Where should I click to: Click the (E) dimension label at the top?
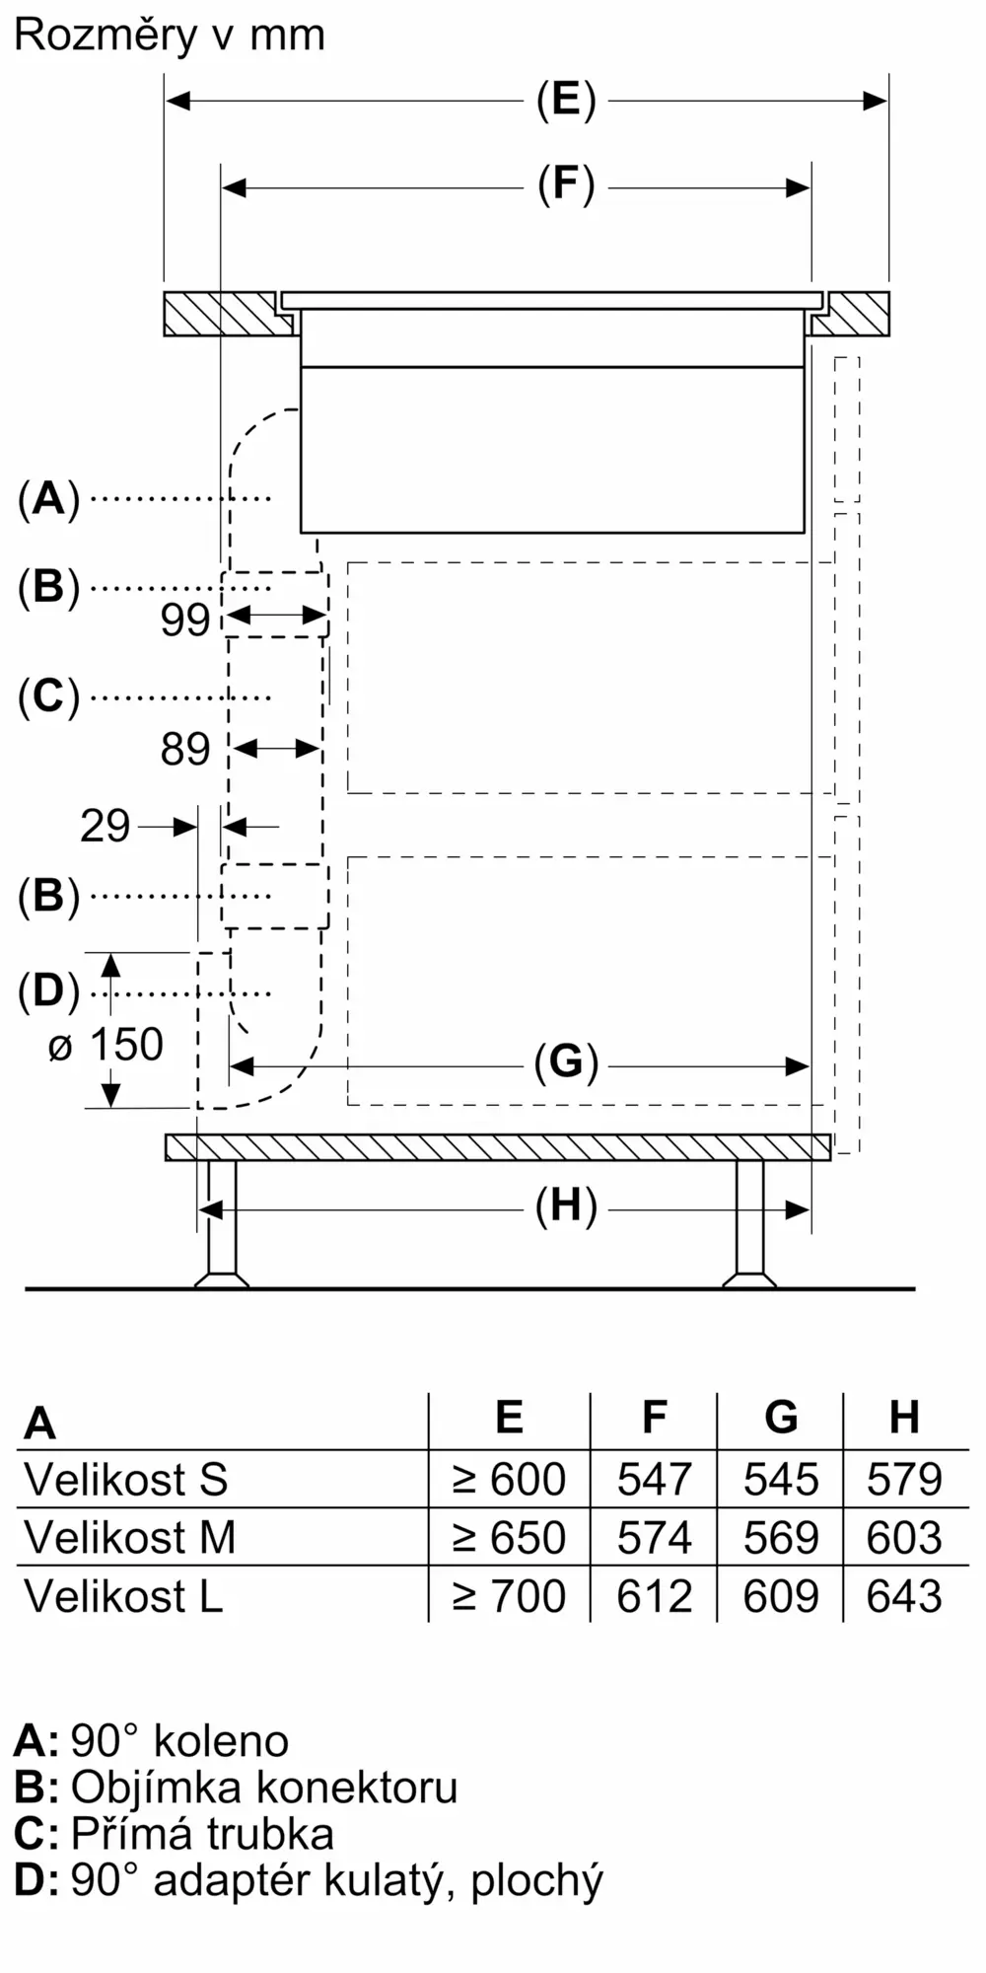pos(566,101)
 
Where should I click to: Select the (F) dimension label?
pos(566,186)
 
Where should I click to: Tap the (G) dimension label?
pos(566,1063)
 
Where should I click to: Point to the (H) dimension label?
pos(566,1206)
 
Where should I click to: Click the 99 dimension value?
pos(185,620)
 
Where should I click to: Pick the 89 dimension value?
pos(185,750)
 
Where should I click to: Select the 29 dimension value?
pos(105,826)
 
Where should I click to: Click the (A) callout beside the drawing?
pos(48,499)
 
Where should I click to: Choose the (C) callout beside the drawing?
pos(48,697)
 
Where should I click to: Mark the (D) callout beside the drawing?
pos(48,991)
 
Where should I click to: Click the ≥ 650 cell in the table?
pos(509,1538)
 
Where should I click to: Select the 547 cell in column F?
pos(654,1480)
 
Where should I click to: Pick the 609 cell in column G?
pos(780,1596)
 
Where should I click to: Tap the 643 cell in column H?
pos(904,1596)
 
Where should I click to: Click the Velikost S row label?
pos(126,1480)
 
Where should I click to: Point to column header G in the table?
pos(780,1418)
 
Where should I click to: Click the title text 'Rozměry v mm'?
pos(170,36)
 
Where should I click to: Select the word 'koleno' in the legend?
pos(221,1741)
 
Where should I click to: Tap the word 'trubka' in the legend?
pos(270,1834)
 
